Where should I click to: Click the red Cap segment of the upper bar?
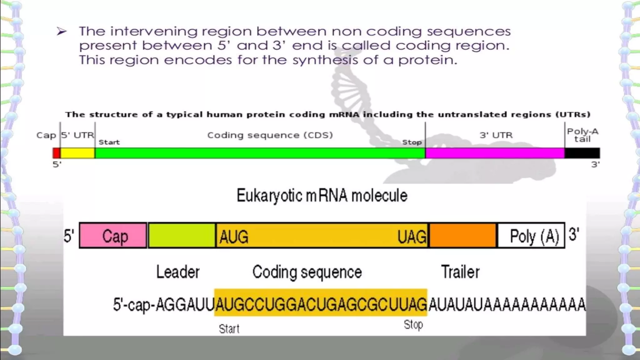(x=57, y=153)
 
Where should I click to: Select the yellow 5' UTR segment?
(x=77, y=153)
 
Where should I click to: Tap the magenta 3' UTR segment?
(x=495, y=153)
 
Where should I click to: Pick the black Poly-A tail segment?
(x=582, y=153)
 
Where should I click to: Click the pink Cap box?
(x=113, y=236)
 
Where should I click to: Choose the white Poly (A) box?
(x=531, y=236)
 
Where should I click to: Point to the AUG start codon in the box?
(x=234, y=237)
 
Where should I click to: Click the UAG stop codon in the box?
(x=412, y=237)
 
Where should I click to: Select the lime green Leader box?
(x=182, y=236)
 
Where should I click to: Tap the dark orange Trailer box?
(x=463, y=236)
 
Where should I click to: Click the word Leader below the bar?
(x=178, y=272)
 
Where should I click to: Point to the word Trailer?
(x=460, y=272)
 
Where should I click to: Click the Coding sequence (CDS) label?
(x=270, y=135)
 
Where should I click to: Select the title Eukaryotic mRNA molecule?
(x=322, y=196)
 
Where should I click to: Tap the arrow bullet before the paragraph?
(x=62, y=31)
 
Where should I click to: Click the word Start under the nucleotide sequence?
(x=229, y=329)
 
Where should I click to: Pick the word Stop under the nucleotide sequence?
(x=413, y=325)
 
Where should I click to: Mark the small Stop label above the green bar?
(x=412, y=142)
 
